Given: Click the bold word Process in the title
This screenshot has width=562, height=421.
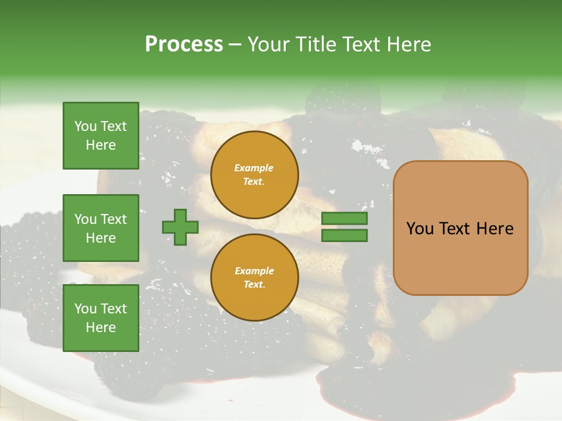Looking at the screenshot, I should [x=184, y=44].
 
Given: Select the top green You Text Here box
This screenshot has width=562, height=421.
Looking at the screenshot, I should [x=101, y=136].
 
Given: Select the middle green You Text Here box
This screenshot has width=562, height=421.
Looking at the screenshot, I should [x=101, y=228].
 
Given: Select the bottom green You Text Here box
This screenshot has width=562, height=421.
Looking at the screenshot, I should [x=101, y=318].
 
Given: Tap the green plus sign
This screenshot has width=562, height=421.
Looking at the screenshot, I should [x=180, y=227].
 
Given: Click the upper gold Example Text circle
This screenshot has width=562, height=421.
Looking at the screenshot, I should [x=254, y=175].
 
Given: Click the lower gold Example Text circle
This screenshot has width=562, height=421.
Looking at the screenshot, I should [x=254, y=278].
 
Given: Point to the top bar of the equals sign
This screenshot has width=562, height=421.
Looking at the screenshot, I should [x=344, y=219].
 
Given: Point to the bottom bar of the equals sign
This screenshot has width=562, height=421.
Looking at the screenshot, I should [x=344, y=236].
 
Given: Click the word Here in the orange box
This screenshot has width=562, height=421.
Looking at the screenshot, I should [x=495, y=229].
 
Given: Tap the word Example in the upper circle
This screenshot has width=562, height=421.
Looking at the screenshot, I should [x=254, y=168].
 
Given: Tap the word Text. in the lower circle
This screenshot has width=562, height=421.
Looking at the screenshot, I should [x=254, y=285].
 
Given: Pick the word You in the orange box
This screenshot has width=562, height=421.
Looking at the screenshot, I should [x=420, y=229].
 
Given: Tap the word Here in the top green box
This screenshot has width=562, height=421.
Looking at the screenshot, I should [x=101, y=145].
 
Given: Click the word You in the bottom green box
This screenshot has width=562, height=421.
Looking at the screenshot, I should [x=85, y=308].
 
